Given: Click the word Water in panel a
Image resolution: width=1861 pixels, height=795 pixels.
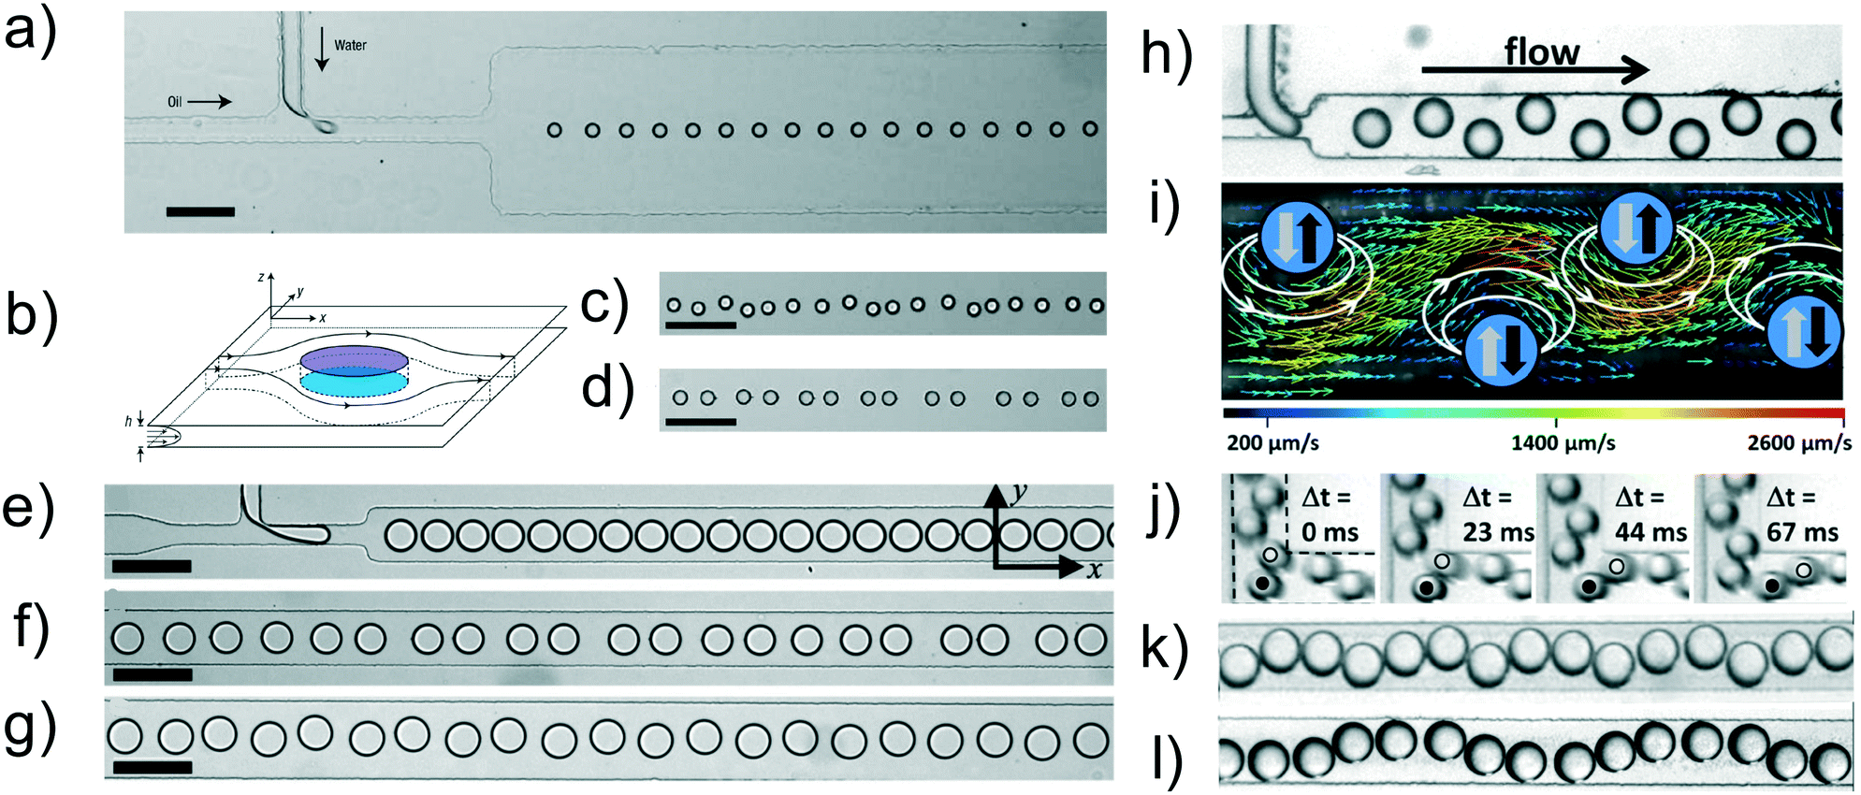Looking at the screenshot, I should pyautogui.click(x=350, y=45).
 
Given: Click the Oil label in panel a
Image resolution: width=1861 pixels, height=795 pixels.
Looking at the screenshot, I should pyautogui.click(x=175, y=101).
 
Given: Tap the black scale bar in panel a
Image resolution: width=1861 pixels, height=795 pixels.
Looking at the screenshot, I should pyautogui.click(x=200, y=212).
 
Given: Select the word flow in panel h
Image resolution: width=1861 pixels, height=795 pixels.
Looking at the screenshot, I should pyautogui.click(x=1541, y=52).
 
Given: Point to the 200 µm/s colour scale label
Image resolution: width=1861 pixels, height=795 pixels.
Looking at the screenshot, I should pyautogui.click(x=1272, y=442).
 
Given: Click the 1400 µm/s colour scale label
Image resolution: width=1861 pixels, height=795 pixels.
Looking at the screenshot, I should pyautogui.click(x=1563, y=442).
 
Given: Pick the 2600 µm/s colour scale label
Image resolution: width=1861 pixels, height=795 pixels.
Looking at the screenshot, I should pyautogui.click(x=1799, y=442).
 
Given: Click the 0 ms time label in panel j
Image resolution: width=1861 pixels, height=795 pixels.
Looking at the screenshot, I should pyautogui.click(x=1330, y=532).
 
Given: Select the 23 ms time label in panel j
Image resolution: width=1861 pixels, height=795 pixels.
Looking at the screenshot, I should pyautogui.click(x=1498, y=532).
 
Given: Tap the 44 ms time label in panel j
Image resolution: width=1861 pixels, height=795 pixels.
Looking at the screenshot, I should pyautogui.click(x=1650, y=532).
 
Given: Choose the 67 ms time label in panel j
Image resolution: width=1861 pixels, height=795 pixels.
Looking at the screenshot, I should pyautogui.click(x=1802, y=532).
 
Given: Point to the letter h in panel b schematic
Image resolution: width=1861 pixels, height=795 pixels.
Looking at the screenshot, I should pyautogui.click(x=128, y=422).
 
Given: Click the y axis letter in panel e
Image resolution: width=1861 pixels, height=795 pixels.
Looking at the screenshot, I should pyautogui.click(x=1019, y=493).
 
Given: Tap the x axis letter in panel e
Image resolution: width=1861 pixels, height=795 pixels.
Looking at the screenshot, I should pyautogui.click(x=1094, y=569).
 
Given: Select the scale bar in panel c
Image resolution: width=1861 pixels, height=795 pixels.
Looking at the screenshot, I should pyautogui.click(x=700, y=325).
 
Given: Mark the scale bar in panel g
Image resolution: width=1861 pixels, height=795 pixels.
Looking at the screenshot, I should pyautogui.click(x=152, y=768).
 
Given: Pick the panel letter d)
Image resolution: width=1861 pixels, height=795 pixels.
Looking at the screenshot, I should pyautogui.click(x=607, y=388).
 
